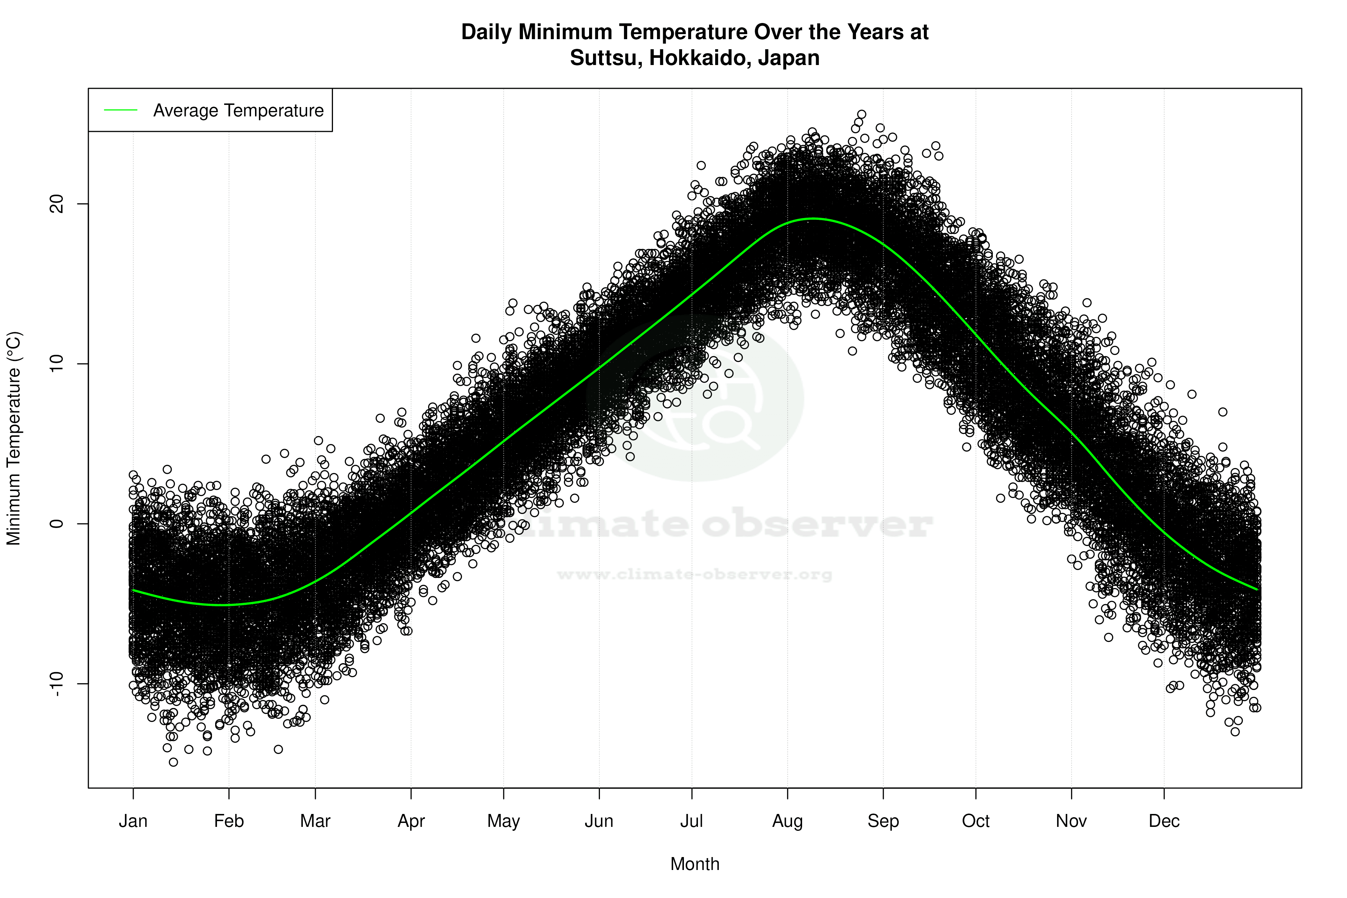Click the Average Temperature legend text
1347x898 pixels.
[238, 111]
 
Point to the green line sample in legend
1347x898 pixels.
[121, 110]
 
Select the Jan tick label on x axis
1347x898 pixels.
[133, 821]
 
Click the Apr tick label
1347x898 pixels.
[411, 821]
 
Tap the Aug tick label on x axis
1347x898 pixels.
[787, 821]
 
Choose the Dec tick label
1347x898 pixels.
[1164, 821]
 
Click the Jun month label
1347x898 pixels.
[599, 821]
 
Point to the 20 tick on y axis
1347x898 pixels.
[57, 204]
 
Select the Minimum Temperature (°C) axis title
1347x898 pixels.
[14, 438]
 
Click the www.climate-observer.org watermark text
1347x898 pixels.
[695, 574]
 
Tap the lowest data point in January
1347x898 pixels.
[173, 762]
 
